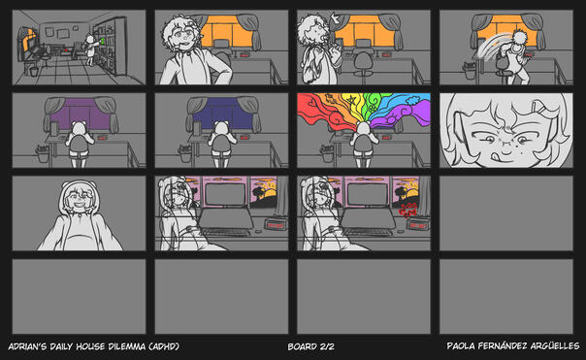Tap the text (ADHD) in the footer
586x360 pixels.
click(164, 346)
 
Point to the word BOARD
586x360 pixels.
click(302, 346)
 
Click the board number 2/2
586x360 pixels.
click(326, 346)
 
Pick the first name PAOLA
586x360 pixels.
click(463, 346)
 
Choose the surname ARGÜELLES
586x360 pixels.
click(553, 346)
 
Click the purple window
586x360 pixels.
click(77, 115)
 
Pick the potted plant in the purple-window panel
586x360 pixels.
click(42, 151)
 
